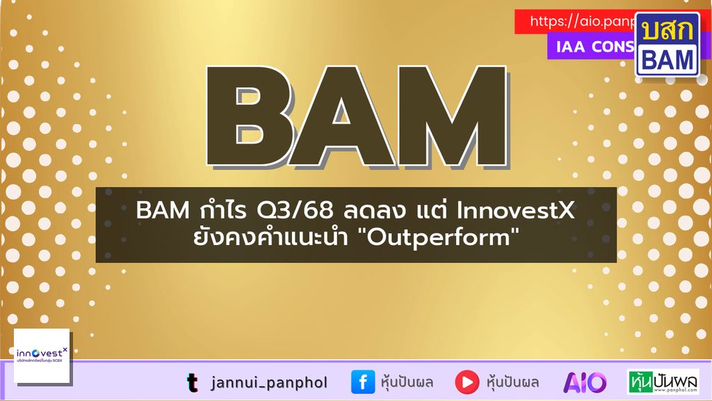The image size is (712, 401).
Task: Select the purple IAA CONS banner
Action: pyautogui.click(x=591, y=47)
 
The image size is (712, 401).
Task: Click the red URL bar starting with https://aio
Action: pyautogui.click(x=577, y=22)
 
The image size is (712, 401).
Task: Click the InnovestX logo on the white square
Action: pyautogui.click(x=42, y=356)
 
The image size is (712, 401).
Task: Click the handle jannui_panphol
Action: pyautogui.click(x=268, y=382)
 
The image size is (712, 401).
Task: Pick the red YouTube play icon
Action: pyautogui.click(x=467, y=382)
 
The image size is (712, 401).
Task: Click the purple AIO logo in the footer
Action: pyautogui.click(x=585, y=382)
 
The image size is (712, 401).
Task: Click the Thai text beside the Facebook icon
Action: pyautogui.click(x=407, y=382)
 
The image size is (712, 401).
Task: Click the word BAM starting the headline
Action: pyautogui.click(x=160, y=210)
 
